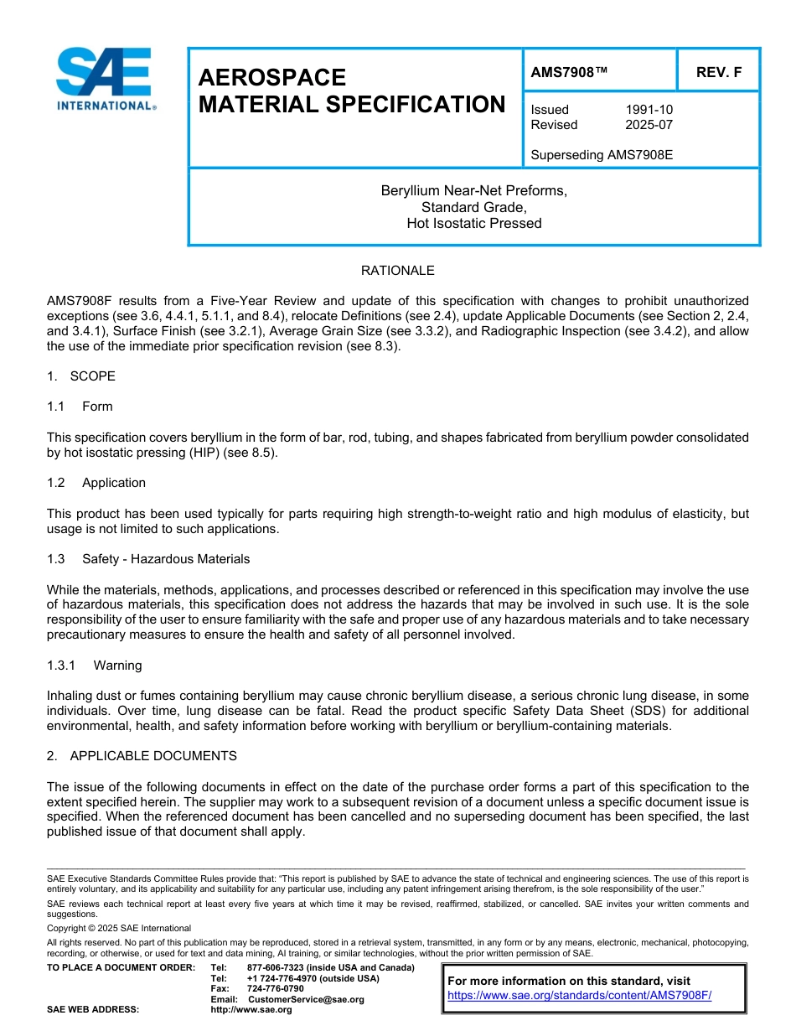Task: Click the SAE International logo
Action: click(x=104, y=79)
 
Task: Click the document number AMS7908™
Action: click(x=569, y=73)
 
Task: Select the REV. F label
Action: click(x=718, y=73)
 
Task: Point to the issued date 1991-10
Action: click(x=649, y=110)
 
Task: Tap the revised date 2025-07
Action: click(x=649, y=125)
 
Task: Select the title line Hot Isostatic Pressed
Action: click(x=473, y=223)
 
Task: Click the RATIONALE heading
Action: click(x=397, y=271)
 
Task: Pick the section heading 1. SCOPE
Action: click(x=81, y=376)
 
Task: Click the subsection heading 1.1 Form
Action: click(x=80, y=407)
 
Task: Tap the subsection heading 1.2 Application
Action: click(x=96, y=483)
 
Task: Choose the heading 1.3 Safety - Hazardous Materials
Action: click(x=148, y=559)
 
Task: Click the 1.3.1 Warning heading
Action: click(x=95, y=666)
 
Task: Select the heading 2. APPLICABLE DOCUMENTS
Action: click(x=142, y=756)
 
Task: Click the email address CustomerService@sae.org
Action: click(x=306, y=999)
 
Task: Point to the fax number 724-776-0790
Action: click(x=275, y=989)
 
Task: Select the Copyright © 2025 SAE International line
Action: click(x=119, y=929)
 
